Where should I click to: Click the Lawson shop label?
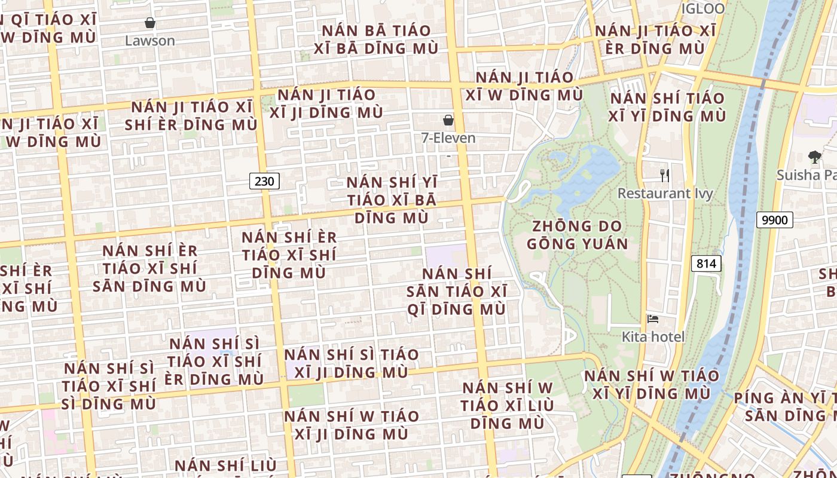pos(149,41)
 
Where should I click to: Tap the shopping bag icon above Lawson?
pos(150,23)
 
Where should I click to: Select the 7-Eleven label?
pos(448,138)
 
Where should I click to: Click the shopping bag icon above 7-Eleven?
pos(448,121)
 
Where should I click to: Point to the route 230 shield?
pos(264,181)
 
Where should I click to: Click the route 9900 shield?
pos(775,220)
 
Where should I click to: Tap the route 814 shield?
pos(706,263)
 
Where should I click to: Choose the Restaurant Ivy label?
pos(665,194)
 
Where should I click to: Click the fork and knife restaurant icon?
pos(664,175)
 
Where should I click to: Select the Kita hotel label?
pos(653,336)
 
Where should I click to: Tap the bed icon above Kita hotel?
pos(653,319)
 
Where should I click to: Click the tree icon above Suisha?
pos(814,157)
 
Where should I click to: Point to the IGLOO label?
pos(703,8)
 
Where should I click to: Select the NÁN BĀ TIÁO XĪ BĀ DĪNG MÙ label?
pos(380,39)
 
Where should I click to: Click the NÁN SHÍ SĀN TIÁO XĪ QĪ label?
pos(457,292)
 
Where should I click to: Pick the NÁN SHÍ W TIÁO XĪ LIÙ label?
pos(508,405)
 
